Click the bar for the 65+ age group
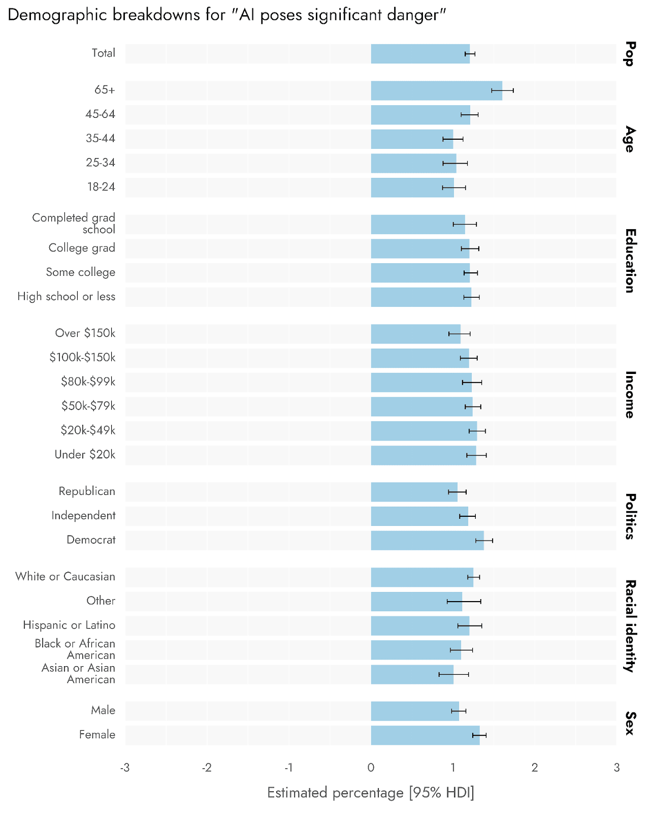(x=436, y=90)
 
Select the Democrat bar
(x=427, y=540)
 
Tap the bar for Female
(x=425, y=735)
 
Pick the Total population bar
(x=420, y=54)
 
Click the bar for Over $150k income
(x=415, y=334)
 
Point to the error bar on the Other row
(x=464, y=601)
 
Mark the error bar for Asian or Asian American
(x=453, y=674)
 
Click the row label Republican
(x=87, y=491)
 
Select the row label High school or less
(x=66, y=296)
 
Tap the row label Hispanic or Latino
(x=69, y=625)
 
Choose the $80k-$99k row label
(x=88, y=382)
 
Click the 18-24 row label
(x=101, y=187)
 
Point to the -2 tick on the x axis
(x=206, y=767)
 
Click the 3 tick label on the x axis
(x=616, y=767)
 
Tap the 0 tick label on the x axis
(x=371, y=767)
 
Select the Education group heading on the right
(x=630, y=261)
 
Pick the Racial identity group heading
(x=630, y=626)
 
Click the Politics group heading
(x=630, y=516)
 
